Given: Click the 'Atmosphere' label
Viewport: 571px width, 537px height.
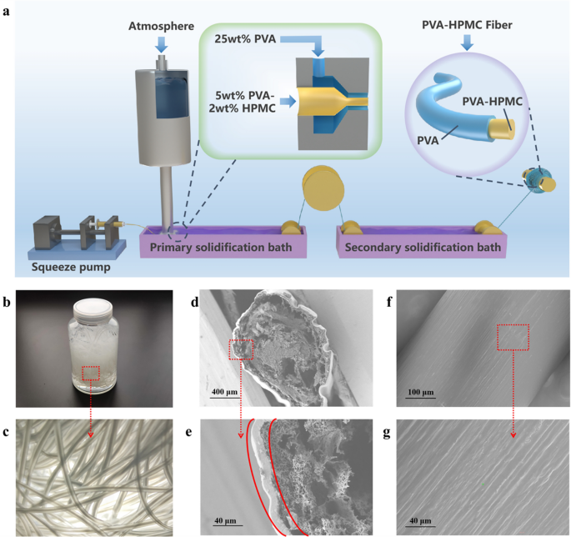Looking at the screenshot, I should pos(162,26).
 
